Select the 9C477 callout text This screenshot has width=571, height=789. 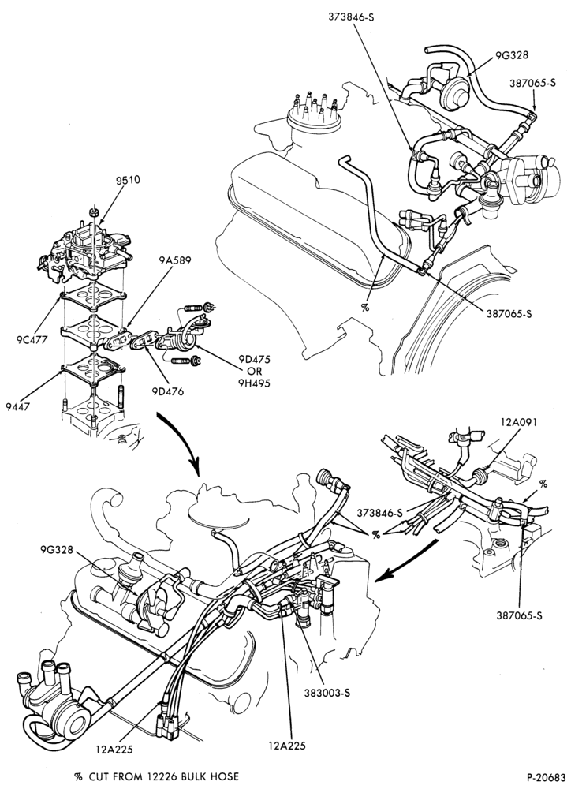pos(32,339)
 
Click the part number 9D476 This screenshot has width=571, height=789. pos(168,391)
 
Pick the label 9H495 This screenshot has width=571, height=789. pos(255,383)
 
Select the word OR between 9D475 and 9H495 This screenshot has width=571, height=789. pos(255,372)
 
